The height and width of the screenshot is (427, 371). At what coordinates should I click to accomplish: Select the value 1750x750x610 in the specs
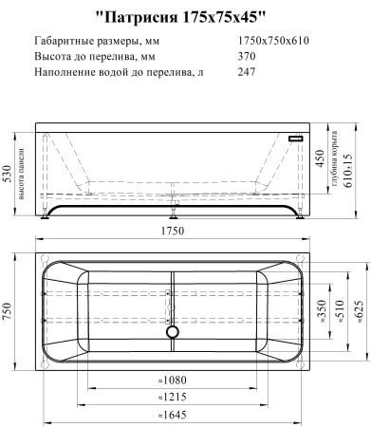pyautogui.click(x=271, y=40)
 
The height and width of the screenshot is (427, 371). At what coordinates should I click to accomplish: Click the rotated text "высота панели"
pyautogui.click(x=22, y=174)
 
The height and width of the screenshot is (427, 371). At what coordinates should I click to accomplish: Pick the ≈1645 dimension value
pyautogui.click(x=172, y=415)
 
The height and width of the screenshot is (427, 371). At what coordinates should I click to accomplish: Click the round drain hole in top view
pyautogui.click(x=172, y=331)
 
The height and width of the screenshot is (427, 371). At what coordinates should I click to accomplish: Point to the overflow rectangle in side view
pyautogui.click(x=297, y=139)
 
